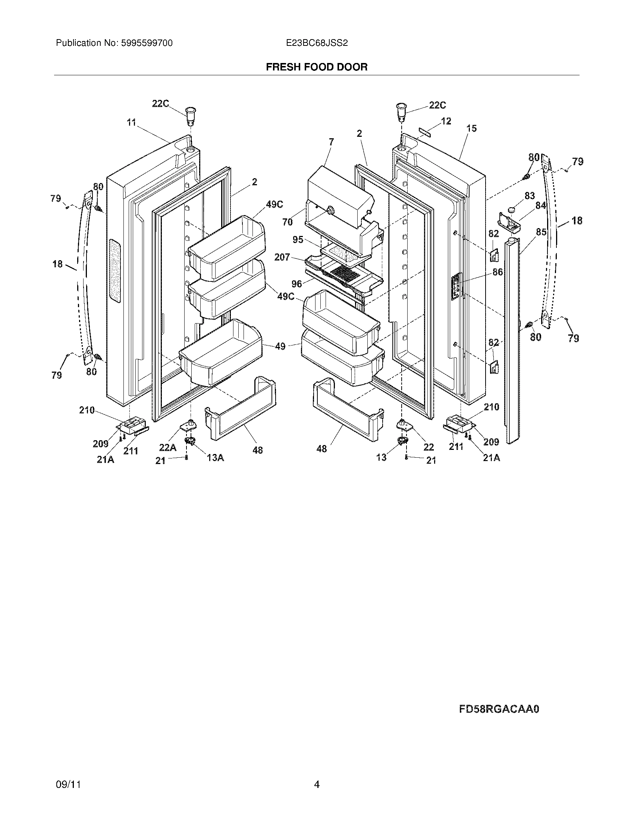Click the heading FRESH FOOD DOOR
pos(317,67)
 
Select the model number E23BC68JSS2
pos(317,43)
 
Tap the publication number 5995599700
pos(147,43)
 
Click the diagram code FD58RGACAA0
pos(499,709)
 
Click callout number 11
pos(131,122)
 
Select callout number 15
pos(471,129)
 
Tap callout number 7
pos(331,142)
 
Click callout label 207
pos(282,257)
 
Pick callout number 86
pos(498,272)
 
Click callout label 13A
pos(215,457)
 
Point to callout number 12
pos(446,121)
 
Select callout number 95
pos(298,240)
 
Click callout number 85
pos(541,232)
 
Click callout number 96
pos(297,284)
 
